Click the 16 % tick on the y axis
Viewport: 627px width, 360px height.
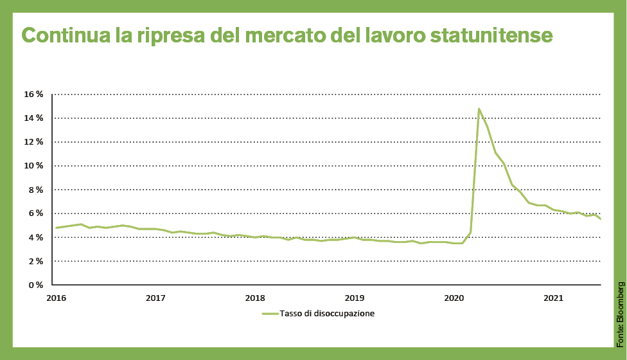coord(34,94)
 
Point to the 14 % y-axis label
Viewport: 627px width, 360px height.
coord(34,118)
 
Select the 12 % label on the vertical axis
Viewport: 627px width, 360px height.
coord(34,142)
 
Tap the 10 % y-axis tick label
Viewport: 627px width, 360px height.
coord(34,166)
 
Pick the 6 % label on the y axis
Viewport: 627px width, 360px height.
coord(36,213)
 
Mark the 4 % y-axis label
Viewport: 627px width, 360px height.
coord(36,238)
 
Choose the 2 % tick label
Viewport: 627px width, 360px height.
coord(36,262)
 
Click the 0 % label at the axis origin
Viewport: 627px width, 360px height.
coord(36,285)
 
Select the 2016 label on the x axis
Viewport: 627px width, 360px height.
coord(56,298)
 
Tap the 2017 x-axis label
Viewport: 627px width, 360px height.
coord(155,298)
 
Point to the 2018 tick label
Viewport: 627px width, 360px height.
coord(255,298)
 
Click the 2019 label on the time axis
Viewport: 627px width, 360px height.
coord(355,298)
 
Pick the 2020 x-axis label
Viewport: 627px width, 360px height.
coord(454,298)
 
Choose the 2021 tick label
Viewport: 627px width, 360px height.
coord(553,298)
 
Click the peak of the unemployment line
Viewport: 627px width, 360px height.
coord(479,109)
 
